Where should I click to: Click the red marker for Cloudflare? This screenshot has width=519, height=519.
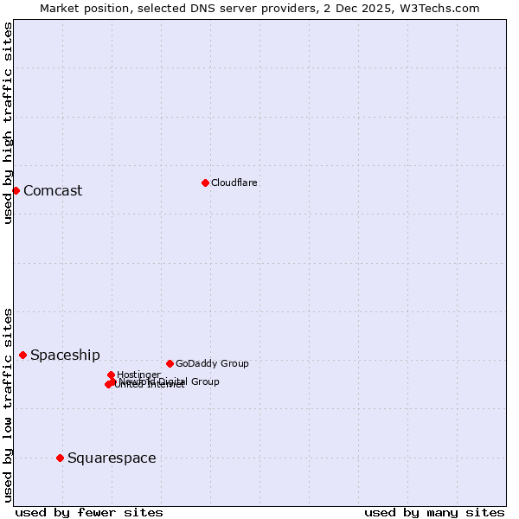click(x=205, y=183)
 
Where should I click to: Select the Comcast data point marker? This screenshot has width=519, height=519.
click(x=16, y=190)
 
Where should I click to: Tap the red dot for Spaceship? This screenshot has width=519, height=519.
click(x=22, y=355)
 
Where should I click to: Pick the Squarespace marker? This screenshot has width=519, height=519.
click(x=60, y=458)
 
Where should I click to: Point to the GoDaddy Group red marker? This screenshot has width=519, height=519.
click(x=170, y=363)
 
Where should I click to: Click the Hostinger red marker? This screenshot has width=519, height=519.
click(x=111, y=375)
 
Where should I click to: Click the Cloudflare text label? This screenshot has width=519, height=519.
click(x=234, y=183)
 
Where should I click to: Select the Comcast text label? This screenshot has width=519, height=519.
click(x=53, y=191)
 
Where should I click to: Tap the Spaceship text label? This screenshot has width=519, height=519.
click(x=65, y=356)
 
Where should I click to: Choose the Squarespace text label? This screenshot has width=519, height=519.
click(x=112, y=458)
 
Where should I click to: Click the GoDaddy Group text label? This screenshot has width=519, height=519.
click(x=212, y=363)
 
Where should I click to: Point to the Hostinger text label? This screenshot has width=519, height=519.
click(x=139, y=375)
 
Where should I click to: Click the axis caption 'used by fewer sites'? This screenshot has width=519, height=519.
click(x=89, y=512)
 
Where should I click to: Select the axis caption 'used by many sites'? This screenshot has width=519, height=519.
click(x=434, y=512)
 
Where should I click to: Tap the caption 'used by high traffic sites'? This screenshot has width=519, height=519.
click(x=8, y=123)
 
